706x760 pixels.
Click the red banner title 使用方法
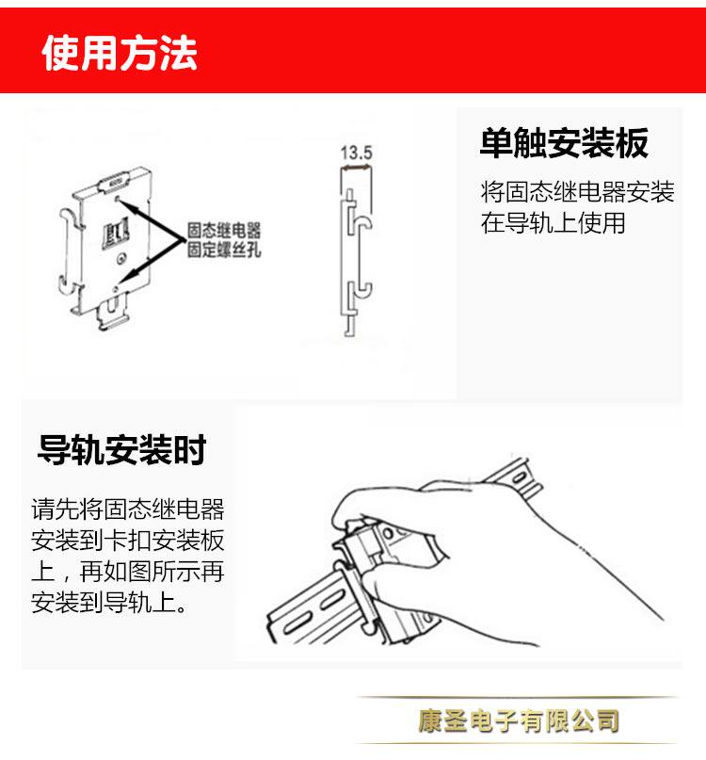[x=120, y=53]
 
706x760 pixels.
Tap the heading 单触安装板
[x=564, y=143]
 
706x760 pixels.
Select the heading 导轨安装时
[x=122, y=449]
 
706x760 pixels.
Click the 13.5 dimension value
[x=356, y=153]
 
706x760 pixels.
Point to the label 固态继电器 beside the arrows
[x=224, y=230]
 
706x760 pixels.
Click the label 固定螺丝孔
[x=224, y=250]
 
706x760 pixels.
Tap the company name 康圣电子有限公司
[x=519, y=720]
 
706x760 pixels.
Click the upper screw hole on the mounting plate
[x=117, y=198]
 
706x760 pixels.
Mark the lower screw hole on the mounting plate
[x=116, y=289]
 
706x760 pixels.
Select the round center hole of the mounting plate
[x=121, y=259]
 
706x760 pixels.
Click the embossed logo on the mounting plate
[x=116, y=233]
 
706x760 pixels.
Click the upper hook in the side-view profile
[x=362, y=219]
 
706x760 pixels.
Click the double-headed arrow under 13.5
[x=356, y=168]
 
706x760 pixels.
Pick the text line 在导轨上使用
[x=553, y=223]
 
